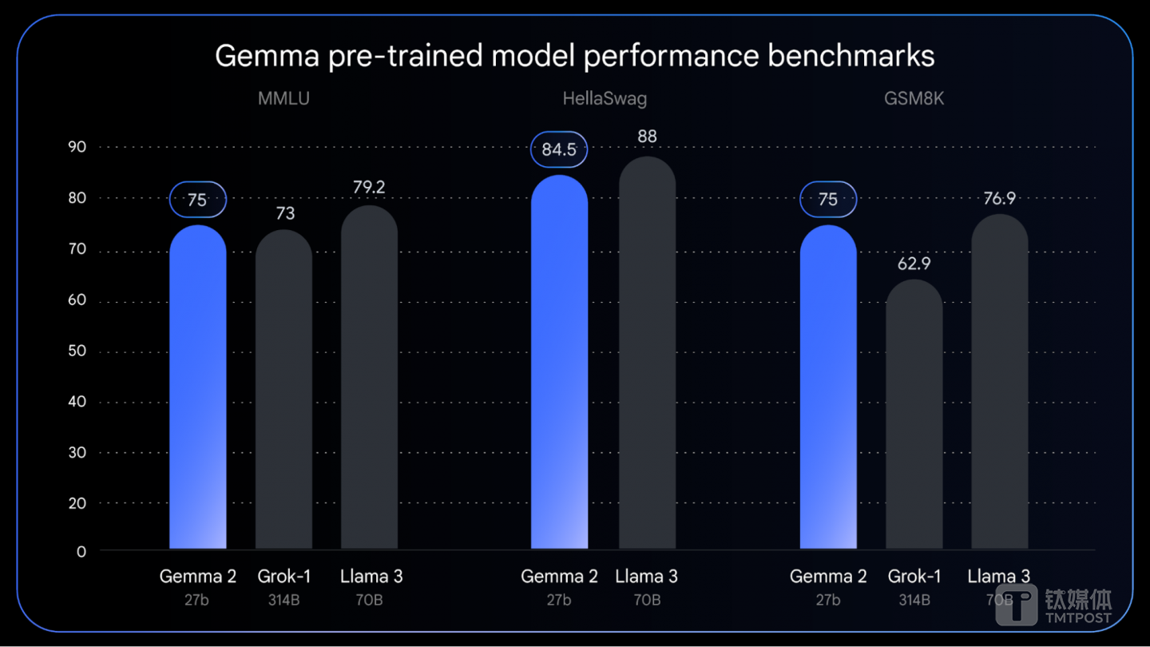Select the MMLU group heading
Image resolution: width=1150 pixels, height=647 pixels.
284,99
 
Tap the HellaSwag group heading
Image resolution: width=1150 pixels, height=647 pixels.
605,99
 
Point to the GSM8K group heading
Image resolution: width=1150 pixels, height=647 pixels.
914,99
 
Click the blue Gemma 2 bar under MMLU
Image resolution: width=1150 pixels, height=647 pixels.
197,383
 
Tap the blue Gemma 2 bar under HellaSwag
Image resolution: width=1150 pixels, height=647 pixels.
559,359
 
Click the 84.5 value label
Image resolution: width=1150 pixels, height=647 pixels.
559,150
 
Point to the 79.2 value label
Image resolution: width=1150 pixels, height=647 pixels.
369,188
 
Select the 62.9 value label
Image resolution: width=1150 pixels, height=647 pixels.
914,264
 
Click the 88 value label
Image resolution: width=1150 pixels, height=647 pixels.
647,137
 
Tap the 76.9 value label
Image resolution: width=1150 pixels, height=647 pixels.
999,198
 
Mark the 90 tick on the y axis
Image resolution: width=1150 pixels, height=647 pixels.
77,147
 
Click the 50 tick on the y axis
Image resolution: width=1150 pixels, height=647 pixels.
77,351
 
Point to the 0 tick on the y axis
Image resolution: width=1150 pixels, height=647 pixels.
81,552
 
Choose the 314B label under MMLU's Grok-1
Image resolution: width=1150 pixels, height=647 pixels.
284,600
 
